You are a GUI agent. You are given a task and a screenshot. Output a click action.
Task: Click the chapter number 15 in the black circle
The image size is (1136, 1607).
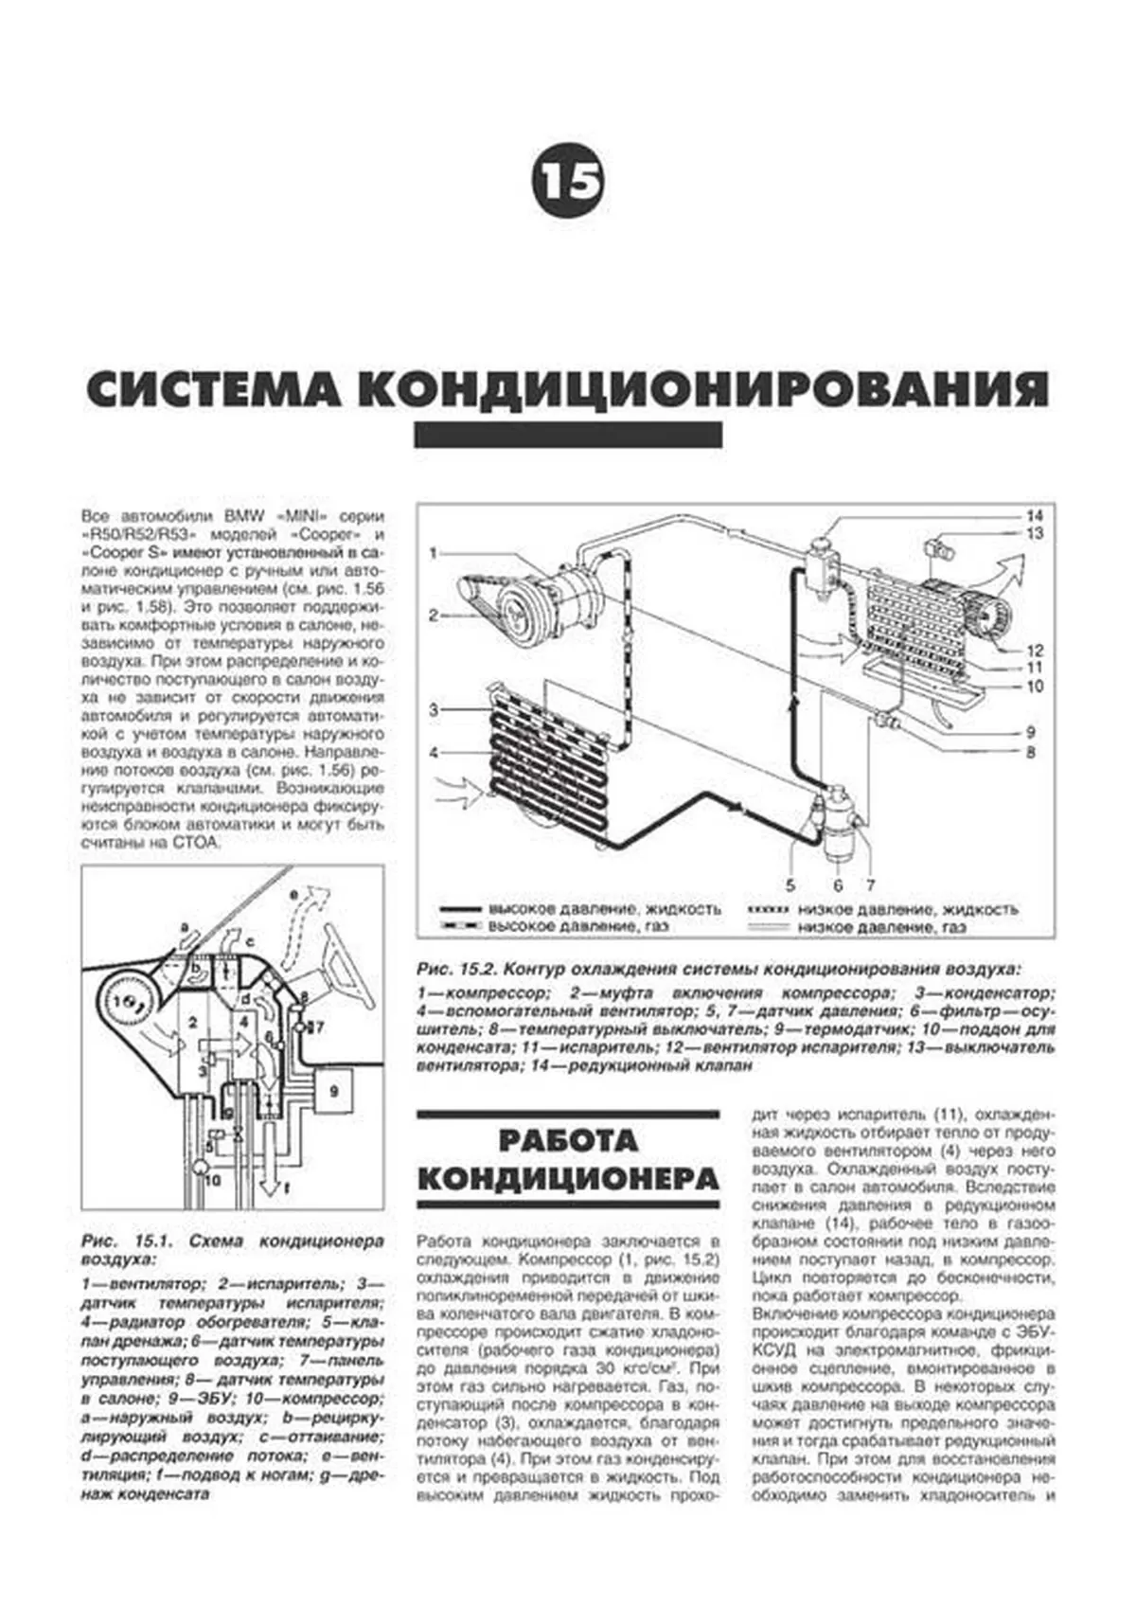click(x=568, y=180)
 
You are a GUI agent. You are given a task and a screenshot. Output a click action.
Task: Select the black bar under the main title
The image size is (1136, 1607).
click(x=568, y=435)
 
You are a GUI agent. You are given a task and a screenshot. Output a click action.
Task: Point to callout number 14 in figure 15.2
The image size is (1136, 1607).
click(x=1034, y=516)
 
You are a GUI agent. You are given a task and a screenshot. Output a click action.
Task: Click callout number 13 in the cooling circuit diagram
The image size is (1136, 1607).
click(x=1034, y=535)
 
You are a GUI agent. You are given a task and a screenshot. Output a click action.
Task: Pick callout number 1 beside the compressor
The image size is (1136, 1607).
click(x=434, y=552)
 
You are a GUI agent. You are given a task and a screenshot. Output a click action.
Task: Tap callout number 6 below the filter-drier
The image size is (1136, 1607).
click(x=837, y=885)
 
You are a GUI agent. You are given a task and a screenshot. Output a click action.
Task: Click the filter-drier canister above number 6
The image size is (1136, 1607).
click(x=837, y=824)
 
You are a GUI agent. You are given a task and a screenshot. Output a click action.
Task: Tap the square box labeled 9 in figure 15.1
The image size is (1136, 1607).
click(x=333, y=1092)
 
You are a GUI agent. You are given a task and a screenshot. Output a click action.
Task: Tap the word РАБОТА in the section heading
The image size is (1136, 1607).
click(x=568, y=1139)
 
